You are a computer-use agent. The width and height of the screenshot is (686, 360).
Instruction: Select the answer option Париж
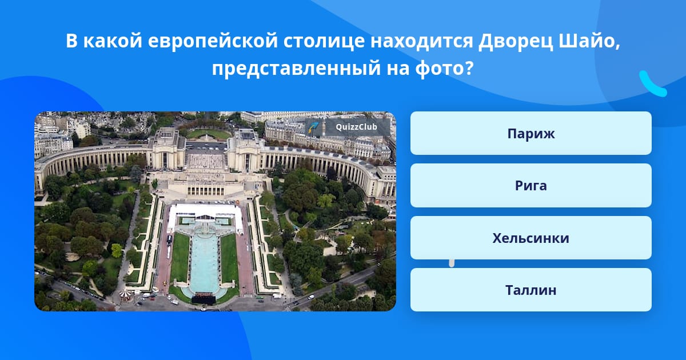click(x=531, y=133)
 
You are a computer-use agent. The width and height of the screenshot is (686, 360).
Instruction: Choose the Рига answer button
click(x=531, y=186)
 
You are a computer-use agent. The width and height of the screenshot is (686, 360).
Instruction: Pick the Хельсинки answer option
click(x=531, y=238)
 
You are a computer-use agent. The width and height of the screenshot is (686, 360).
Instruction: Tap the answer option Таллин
click(x=531, y=290)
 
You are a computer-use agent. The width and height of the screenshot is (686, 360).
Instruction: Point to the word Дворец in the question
click(x=516, y=41)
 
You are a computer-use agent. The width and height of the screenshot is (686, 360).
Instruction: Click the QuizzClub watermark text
click(x=356, y=127)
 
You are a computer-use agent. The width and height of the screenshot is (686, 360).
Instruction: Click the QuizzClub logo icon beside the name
click(x=313, y=127)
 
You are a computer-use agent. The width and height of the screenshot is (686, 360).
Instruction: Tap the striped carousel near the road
click(x=125, y=294)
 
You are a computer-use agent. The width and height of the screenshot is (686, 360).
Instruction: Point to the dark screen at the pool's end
click(x=203, y=298)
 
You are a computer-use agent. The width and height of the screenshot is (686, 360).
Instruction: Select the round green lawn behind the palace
click(x=209, y=134)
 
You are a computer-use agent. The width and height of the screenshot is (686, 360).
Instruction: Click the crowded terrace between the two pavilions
click(x=206, y=160)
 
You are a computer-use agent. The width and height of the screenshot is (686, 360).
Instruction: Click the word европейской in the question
click(x=213, y=41)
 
